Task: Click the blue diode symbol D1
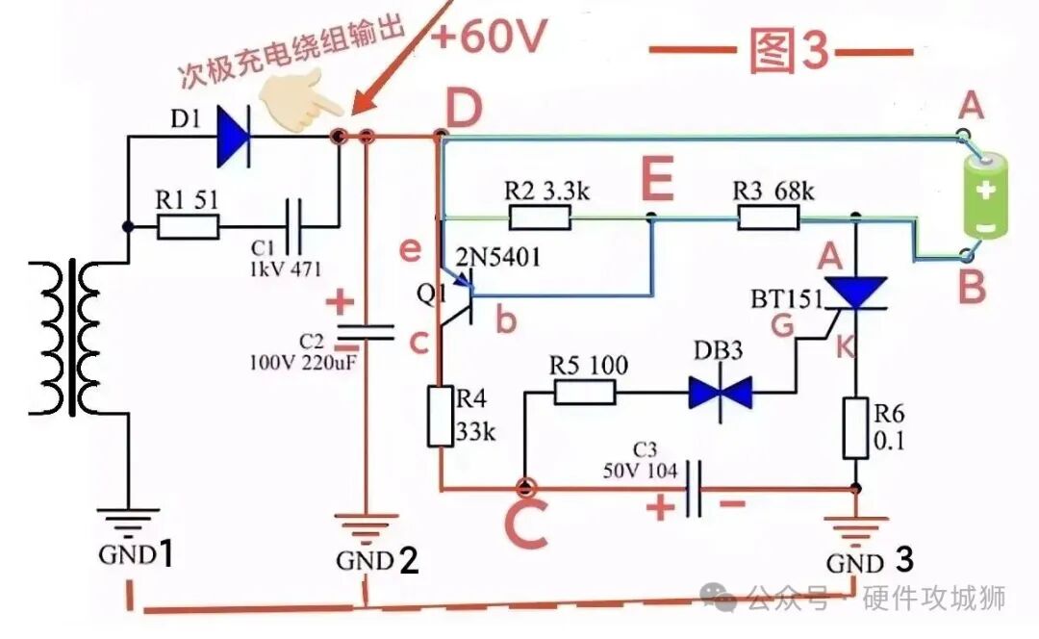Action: tap(233, 138)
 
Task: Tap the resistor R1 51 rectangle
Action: tap(189, 227)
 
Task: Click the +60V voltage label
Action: tap(489, 36)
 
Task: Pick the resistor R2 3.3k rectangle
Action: tap(540, 217)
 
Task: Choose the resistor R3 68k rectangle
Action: tap(768, 217)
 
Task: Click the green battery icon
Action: tap(986, 194)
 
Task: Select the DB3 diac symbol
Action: tap(721, 393)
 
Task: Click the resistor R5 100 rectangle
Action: tap(585, 392)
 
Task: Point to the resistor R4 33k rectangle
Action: tap(441, 417)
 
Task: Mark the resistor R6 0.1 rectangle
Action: tap(855, 428)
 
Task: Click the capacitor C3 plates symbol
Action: tap(694, 489)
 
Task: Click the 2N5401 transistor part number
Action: tap(497, 257)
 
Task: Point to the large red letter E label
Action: tap(658, 178)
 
